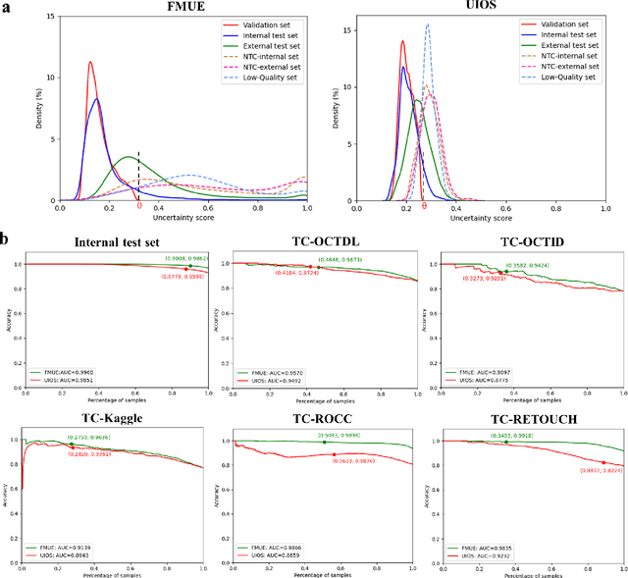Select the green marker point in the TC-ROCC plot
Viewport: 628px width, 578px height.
325,442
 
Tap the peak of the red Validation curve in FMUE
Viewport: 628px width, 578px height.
90,63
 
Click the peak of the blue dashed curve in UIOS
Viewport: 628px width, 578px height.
427,25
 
